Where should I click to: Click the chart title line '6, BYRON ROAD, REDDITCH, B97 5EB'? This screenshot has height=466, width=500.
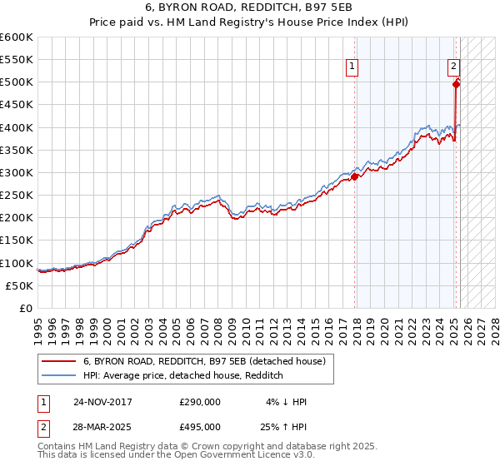[x=250, y=9]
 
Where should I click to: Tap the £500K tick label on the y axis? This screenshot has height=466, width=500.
[x=17, y=82]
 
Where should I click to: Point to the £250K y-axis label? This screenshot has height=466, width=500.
[x=17, y=195]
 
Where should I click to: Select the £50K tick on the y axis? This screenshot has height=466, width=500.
[x=20, y=285]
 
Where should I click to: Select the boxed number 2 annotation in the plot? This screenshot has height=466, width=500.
[x=453, y=67]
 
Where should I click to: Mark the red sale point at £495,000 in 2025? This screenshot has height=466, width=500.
[x=457, y=84]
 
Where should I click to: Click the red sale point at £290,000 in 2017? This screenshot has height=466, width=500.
[x=355, y=176]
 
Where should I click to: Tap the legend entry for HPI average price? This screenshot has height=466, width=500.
[x=183, y=376]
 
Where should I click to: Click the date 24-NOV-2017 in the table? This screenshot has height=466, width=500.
[x=103, y=402]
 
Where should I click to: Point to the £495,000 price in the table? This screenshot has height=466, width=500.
[x=200, y=426]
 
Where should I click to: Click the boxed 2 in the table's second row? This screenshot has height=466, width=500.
[x=44, y=426]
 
